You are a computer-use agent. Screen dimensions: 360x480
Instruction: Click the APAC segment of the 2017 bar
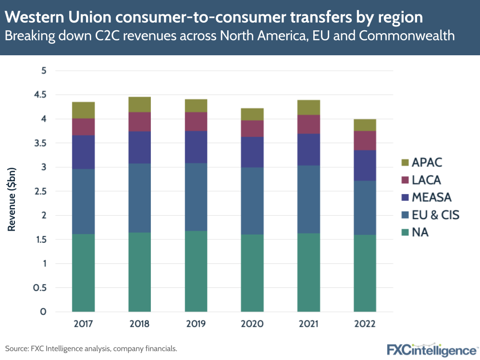click(83, 110)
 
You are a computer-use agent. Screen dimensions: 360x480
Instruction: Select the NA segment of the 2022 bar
click(365, 273)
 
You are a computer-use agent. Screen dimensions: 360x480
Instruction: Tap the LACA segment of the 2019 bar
click(196, 122)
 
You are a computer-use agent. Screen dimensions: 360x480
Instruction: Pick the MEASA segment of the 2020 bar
click(252, 152)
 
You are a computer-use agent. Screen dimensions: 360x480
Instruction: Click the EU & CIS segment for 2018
click(139, 198)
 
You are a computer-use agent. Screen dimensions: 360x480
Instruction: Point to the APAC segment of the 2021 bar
click(308, 107)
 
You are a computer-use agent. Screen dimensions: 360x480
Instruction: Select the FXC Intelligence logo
click(432, 348)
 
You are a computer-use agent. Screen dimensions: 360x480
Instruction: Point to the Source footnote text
click(91, 348)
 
